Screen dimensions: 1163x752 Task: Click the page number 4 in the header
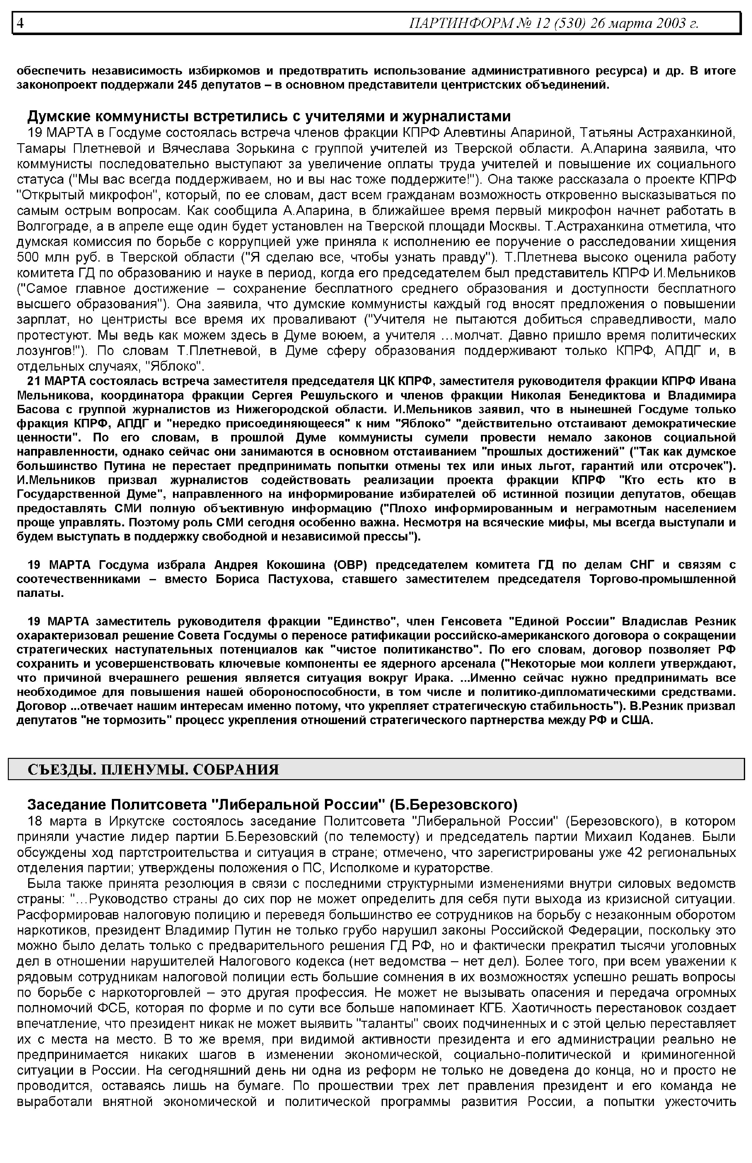click(x=20, y=23)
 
